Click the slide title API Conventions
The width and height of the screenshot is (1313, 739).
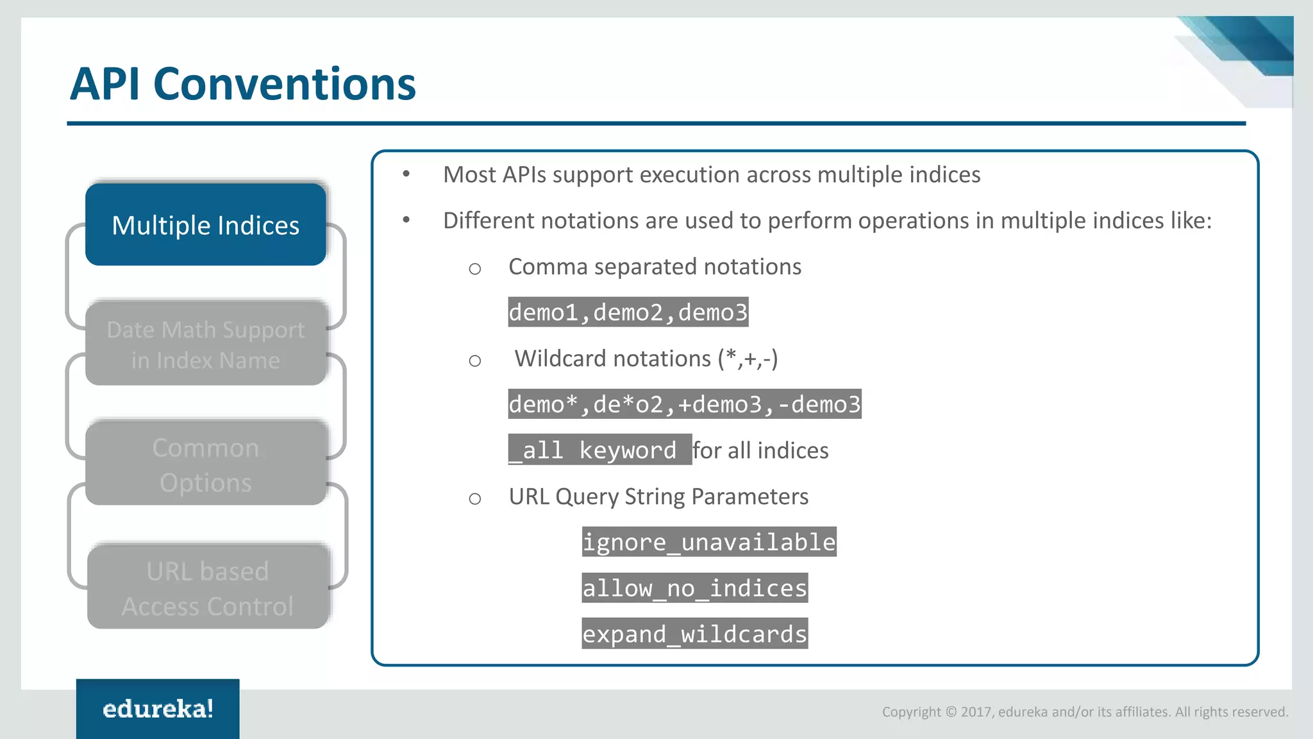pyautogui.click(x=242, y=84)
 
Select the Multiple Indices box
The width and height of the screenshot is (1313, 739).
pyautogui.click(x=206, y=225)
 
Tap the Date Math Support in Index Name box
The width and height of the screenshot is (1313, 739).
pyautogui.click(x=206, y=344)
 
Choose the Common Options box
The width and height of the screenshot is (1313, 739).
pyautogui.click(x=206, y=464)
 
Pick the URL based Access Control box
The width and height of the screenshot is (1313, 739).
pyautogui.click(x=208, y=588)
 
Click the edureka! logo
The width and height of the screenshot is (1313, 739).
pyautogui.click(x=158, y=708)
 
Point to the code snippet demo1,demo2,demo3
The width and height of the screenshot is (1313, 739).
pyautogui.click(x=628, y=312)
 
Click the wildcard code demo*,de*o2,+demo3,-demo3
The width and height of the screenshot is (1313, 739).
pyautogui.click(x=684, y=404)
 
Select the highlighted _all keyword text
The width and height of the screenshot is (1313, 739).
pyautogui.click(x=599, y=450)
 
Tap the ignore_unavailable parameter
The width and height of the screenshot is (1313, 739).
pyautogui.click(x=708, y=542)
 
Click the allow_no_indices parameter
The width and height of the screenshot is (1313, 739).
pyautogui.click(x=694, y=588)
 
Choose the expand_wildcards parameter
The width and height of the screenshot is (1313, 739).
pyautogui.click(x=694, y=634)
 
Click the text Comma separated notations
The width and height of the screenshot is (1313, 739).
pyautogui.click(x=655, y=266)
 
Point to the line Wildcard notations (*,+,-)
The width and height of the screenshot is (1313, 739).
pyautogui.click(x=646, y=358)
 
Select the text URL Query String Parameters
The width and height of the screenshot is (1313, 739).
pyautogui.click(x=658, y=497)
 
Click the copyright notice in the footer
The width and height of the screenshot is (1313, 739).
pyautogui.click(x=1085, y=711)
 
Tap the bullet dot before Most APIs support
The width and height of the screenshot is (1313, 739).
pyautogui.click(x=406, y=174)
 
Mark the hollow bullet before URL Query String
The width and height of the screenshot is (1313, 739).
pyautogui.click(x=474, y=498)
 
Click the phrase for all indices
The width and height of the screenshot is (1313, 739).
pyautogui.click(x=760, y=450)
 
